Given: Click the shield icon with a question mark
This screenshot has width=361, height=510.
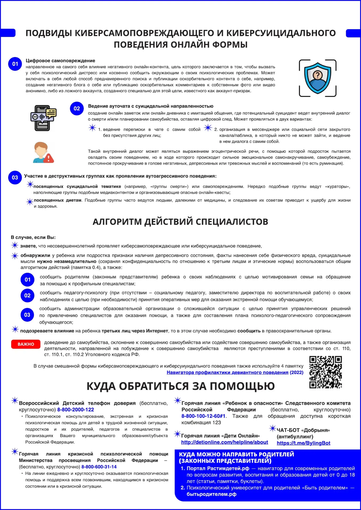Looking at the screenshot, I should (x=318, y=78).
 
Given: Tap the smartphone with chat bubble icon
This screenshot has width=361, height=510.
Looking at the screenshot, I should (x=43, y=118).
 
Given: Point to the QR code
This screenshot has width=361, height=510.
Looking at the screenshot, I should (x=325, y=372).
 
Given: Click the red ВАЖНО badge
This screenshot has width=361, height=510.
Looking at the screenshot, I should (x=26, y=344).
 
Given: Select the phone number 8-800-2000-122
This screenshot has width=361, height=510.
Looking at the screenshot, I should (x=75, y=410).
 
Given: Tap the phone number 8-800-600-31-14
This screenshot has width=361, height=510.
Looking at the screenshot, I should (x=99, y=467).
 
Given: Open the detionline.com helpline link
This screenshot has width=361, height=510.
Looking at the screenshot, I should (x=224, y=442).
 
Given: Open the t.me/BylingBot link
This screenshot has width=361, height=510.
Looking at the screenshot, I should (x=303, y=443).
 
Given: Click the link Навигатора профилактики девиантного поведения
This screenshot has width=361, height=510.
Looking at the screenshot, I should (x=227, y=372).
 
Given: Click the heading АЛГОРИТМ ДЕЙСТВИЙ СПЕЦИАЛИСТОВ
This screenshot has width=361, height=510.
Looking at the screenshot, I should (x=180, y=222).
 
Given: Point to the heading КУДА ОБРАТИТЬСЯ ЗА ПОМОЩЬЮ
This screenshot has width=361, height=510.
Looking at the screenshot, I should (x=180, y=386).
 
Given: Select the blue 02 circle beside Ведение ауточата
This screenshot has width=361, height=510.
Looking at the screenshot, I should (x=77, y=109).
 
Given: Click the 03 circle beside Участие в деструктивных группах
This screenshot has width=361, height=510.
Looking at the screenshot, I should (x=15, y=177).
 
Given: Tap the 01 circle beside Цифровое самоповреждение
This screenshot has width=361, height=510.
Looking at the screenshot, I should (x=15, y=64).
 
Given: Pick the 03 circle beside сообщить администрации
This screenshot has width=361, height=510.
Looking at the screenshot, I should (x=27, y=315).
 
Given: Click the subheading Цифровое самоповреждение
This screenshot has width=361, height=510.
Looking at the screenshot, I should (x=60, y=61).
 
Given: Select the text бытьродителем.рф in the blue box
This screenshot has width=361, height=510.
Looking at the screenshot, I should (x=211, y=494).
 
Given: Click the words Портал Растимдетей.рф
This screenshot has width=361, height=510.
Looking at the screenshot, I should (x=218, y=468).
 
